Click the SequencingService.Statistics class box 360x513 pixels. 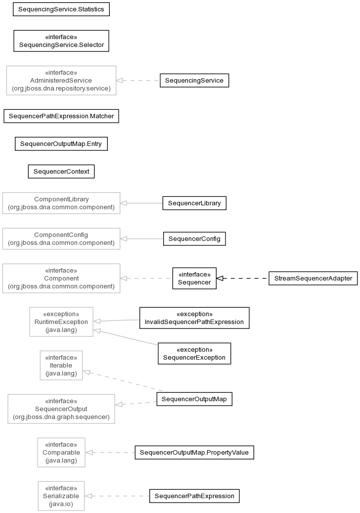pyautogui.click(x=61, y=9)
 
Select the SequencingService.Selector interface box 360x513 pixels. pyautogui.click(x=61, y=41)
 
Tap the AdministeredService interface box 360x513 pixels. pyautogui.click(x=61, y=81)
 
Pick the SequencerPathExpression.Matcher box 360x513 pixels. pyautogui.click(x=61, y=116)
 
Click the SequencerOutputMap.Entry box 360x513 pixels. pyautogui.click(x=61, y=144)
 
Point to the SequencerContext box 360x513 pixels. pyautogui.click(x=61, y=172)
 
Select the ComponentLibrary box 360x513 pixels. pyautogui.click(x=61, y=203)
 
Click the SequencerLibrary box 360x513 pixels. pyautogui.click(x=194, y=203)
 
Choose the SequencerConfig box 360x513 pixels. pyautogui.click(x=194, y=239)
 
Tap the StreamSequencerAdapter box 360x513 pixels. pyautogui.click(x=313, y=279)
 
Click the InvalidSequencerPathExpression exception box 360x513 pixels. pyautogui.click(x=194, y=318)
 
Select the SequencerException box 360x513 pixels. pyautogui.click(x=194, y=354)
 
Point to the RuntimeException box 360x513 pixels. pyautogui.click(x=61, y=322)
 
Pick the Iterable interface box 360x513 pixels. pyautogui.click(x=61, y=366)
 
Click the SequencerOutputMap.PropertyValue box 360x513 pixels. pyautogui.click(x=194, y=453)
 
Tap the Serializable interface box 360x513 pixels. pyautogui.click(x=61, y=496)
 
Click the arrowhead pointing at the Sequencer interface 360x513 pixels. pyautogui.click(x=220, y=279)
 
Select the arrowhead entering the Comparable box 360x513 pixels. pyautogui.click(x=89, y=453)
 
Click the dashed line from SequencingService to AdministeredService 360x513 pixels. pyautogui.click(x=138, y=81)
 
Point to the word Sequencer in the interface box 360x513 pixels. pyautogui.click(x=194, y=282)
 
